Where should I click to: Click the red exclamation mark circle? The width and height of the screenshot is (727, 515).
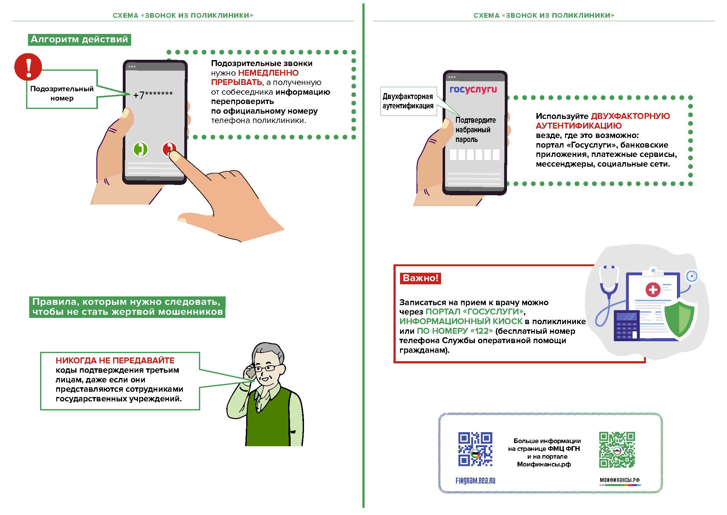tap(28, 67)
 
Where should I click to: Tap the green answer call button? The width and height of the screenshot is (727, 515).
tap(140, 149)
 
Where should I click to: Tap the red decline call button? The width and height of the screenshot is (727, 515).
tap(169, 149)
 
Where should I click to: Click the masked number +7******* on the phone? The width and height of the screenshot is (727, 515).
tap(153, 95)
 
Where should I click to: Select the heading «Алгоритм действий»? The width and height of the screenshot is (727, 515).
tap(80, 40)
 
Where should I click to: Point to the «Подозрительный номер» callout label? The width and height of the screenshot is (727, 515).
tap(62, 93)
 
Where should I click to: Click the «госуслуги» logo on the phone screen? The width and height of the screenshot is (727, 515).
tap(473, 89)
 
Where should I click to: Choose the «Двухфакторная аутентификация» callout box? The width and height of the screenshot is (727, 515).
tap(408, 101)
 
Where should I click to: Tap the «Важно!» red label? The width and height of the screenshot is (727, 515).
tap(421, 278)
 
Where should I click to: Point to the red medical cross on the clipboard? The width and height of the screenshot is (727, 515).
tap(653, 290)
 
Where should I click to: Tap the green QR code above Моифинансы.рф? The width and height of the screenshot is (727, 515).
tap(617, 449)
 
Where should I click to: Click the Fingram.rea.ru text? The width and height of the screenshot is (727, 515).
tap(475, 481)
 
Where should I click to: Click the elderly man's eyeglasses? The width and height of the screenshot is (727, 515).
tap(268, 368)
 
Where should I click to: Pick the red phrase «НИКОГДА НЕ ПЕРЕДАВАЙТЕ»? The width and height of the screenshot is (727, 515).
tap(115, 361)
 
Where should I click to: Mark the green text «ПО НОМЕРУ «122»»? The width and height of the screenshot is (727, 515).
tap(455, 331)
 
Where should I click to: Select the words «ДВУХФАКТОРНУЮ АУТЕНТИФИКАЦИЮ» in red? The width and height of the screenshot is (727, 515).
tap(603, 121)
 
